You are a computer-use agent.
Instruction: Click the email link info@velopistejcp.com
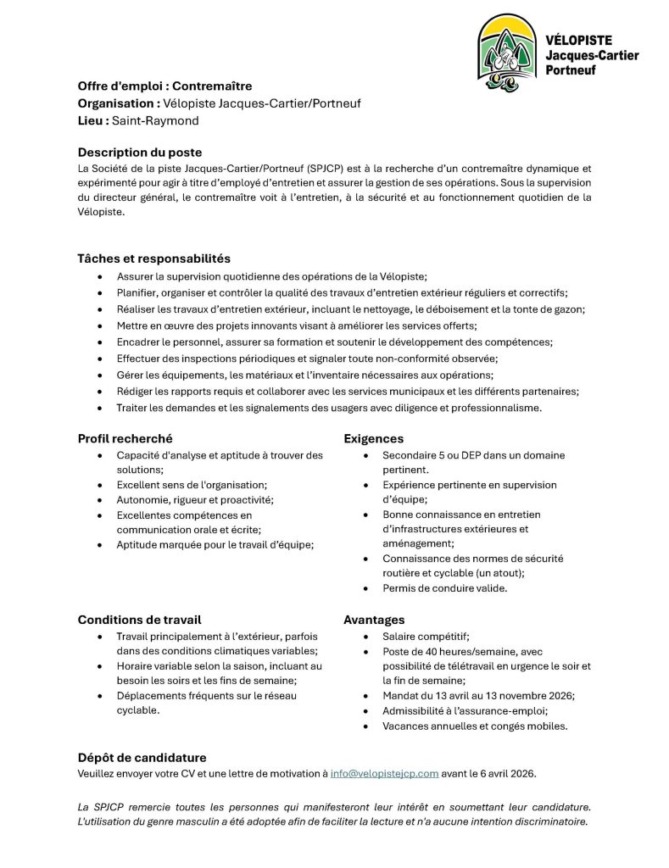coord(384,773)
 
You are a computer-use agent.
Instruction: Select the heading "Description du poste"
coord(140,153)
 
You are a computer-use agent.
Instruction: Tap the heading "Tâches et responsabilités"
coord(153,258)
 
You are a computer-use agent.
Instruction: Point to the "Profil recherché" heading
coord(125,438)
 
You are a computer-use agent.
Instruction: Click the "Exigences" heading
coord(373,438)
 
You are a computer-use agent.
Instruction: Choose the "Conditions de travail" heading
coord(139,620)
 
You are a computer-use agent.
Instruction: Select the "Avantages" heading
coord(374,620)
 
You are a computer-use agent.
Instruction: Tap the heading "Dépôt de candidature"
coord(142,757)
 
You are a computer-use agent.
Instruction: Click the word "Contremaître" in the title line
coord(212,86)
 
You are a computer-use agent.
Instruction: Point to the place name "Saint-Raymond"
coord(155,120)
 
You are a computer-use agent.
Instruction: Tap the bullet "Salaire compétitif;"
coord(426,636)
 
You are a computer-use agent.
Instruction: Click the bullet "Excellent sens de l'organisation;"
coord(192,485)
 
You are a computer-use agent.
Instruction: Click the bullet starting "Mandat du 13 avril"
coord(478,695)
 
